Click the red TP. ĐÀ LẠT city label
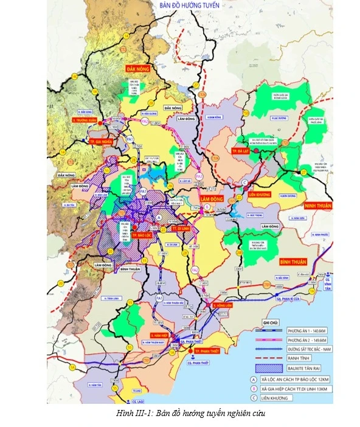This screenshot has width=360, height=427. [x=237, y=149]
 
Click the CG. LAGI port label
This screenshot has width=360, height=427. [x=139, y=402]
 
